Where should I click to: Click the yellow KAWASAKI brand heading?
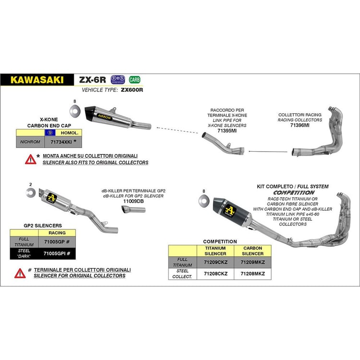click(x=36, y=80)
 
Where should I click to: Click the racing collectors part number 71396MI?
click(x=300, y=125)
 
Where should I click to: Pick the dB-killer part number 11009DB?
click(x=132, y=201)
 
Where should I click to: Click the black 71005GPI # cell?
click(x=57, y=253)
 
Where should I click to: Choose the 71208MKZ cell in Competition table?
click(x=252, y=274)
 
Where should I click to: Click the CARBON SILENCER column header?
click(x=252, y=251)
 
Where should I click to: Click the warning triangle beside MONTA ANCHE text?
click(x=31, y=159)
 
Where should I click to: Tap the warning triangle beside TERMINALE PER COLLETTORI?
click(x=20, y=273)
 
